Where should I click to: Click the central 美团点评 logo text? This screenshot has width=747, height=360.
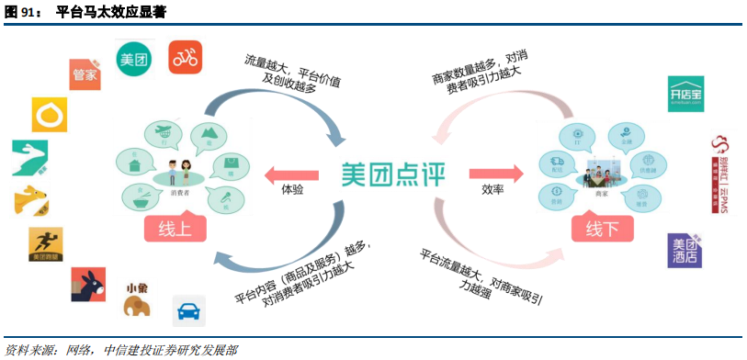coord(391,174)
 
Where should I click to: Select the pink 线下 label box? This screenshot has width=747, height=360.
coord(603,228)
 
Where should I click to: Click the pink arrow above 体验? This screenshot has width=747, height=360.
coord(291,173)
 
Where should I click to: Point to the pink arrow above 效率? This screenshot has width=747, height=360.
coord(493,173)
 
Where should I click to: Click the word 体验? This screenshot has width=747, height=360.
coord(292,190)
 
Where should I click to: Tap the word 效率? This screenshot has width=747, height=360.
coord(493,190)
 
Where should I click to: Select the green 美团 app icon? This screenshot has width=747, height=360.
coord(134,59)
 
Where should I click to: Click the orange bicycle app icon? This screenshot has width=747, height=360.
coord(185,58)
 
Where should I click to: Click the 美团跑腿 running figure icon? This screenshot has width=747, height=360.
coord(46,244)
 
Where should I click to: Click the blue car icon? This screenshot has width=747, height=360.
coord(189,311)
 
